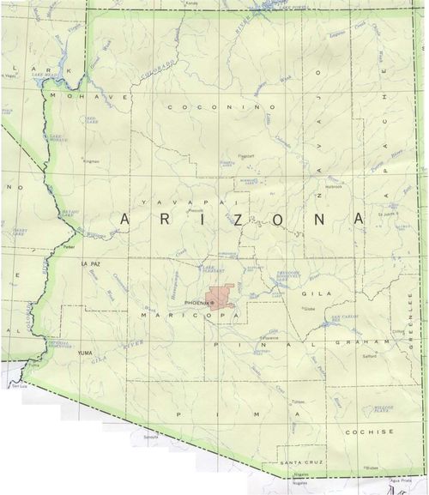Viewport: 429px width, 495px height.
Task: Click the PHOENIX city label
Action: pyautogui.click(x=196, y=303)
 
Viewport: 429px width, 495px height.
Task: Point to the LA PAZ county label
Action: pyautogui.click(x=91, y=263)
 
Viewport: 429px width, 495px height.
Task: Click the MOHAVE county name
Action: pyautogui.click(x=83, y=96)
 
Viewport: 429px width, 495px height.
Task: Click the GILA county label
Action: pyautogui.click(x=311, y=293)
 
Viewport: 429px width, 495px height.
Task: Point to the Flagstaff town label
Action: pyautogui.click(x=247, y=156)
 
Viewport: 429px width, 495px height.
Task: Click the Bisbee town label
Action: pyautogui.click(x=372, y=468)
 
